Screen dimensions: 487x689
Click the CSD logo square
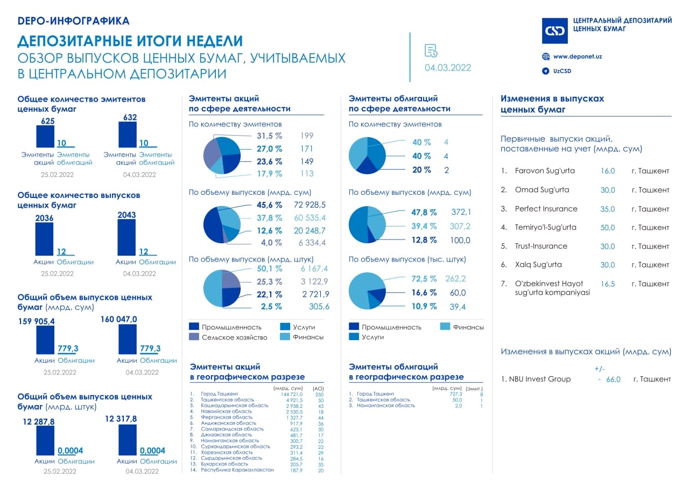tap(554, 31)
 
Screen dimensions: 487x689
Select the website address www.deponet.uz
tap(578, 57)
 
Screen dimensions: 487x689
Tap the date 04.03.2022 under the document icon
tap(447, 68)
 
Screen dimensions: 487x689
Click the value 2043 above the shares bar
tap(126, 215)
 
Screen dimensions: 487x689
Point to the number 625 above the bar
tap(48, 121)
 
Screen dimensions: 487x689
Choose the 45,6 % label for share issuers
tap(269, 205)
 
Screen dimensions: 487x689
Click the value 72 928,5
tap(310, 205)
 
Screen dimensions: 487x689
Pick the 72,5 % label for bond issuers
tap(424, 279)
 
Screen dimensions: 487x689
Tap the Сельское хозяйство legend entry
tap(234, 337)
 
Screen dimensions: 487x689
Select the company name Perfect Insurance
tap(546, 209)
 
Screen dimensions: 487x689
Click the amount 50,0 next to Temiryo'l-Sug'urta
tap(608, 228)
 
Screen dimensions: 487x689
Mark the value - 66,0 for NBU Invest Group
tap(609, 379)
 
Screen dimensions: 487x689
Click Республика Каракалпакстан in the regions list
tap(237, 470)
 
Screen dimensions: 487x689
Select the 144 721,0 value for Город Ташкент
tap(288, 394)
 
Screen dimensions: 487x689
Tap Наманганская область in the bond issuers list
tap(386, 405)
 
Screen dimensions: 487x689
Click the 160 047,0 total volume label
tap(119, 319)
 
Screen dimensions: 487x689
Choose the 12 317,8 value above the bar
tap(121, 419)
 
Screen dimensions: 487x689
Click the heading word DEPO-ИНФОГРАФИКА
tap(74, 21)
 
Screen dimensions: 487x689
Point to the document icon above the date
tap(431, 51)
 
